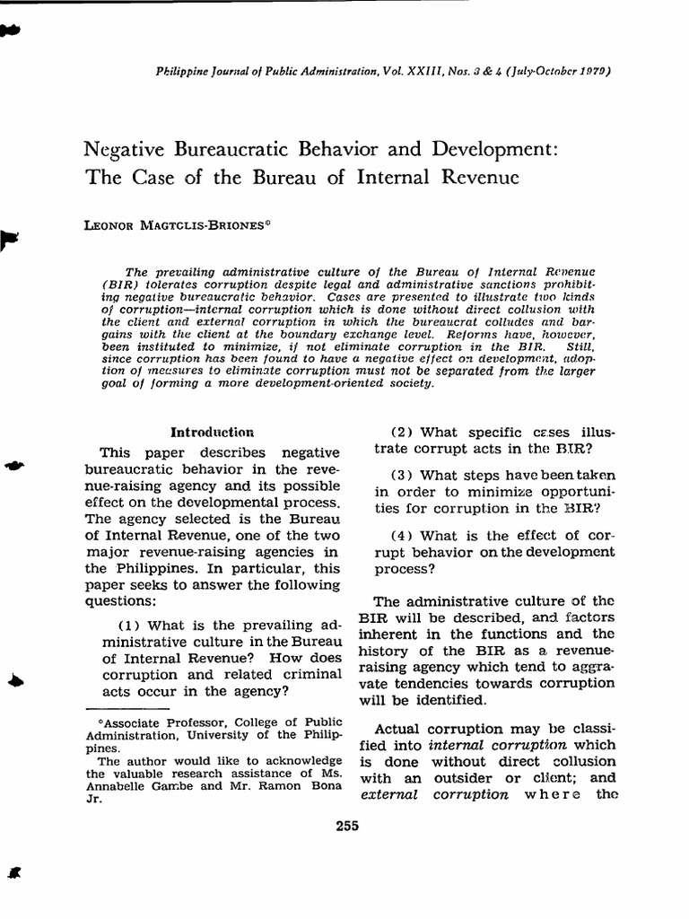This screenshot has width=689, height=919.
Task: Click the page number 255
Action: [x=346, y=827]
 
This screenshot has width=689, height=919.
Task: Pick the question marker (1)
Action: [x=131, y=626]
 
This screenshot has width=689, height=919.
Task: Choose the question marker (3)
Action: [x=404, y=475]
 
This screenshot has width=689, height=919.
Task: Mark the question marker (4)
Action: [x=404, y=536]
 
